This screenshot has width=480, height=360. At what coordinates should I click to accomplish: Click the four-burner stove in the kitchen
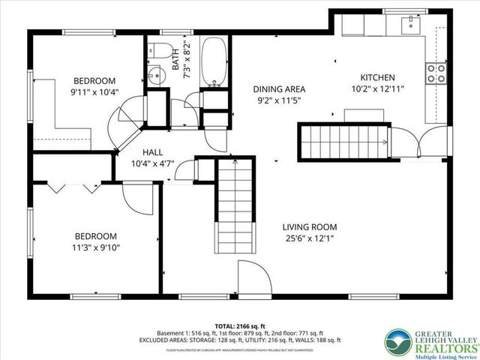[436, 73]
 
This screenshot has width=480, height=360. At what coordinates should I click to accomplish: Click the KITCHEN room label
[379, 77]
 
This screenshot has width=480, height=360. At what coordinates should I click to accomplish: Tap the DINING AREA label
[279, 88]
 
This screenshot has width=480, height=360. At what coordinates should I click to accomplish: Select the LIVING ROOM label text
[309, 227]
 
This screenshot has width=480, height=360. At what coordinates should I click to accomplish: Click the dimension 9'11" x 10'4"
[94, 92]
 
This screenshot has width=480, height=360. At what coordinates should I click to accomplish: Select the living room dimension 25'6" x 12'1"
[309, 239]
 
